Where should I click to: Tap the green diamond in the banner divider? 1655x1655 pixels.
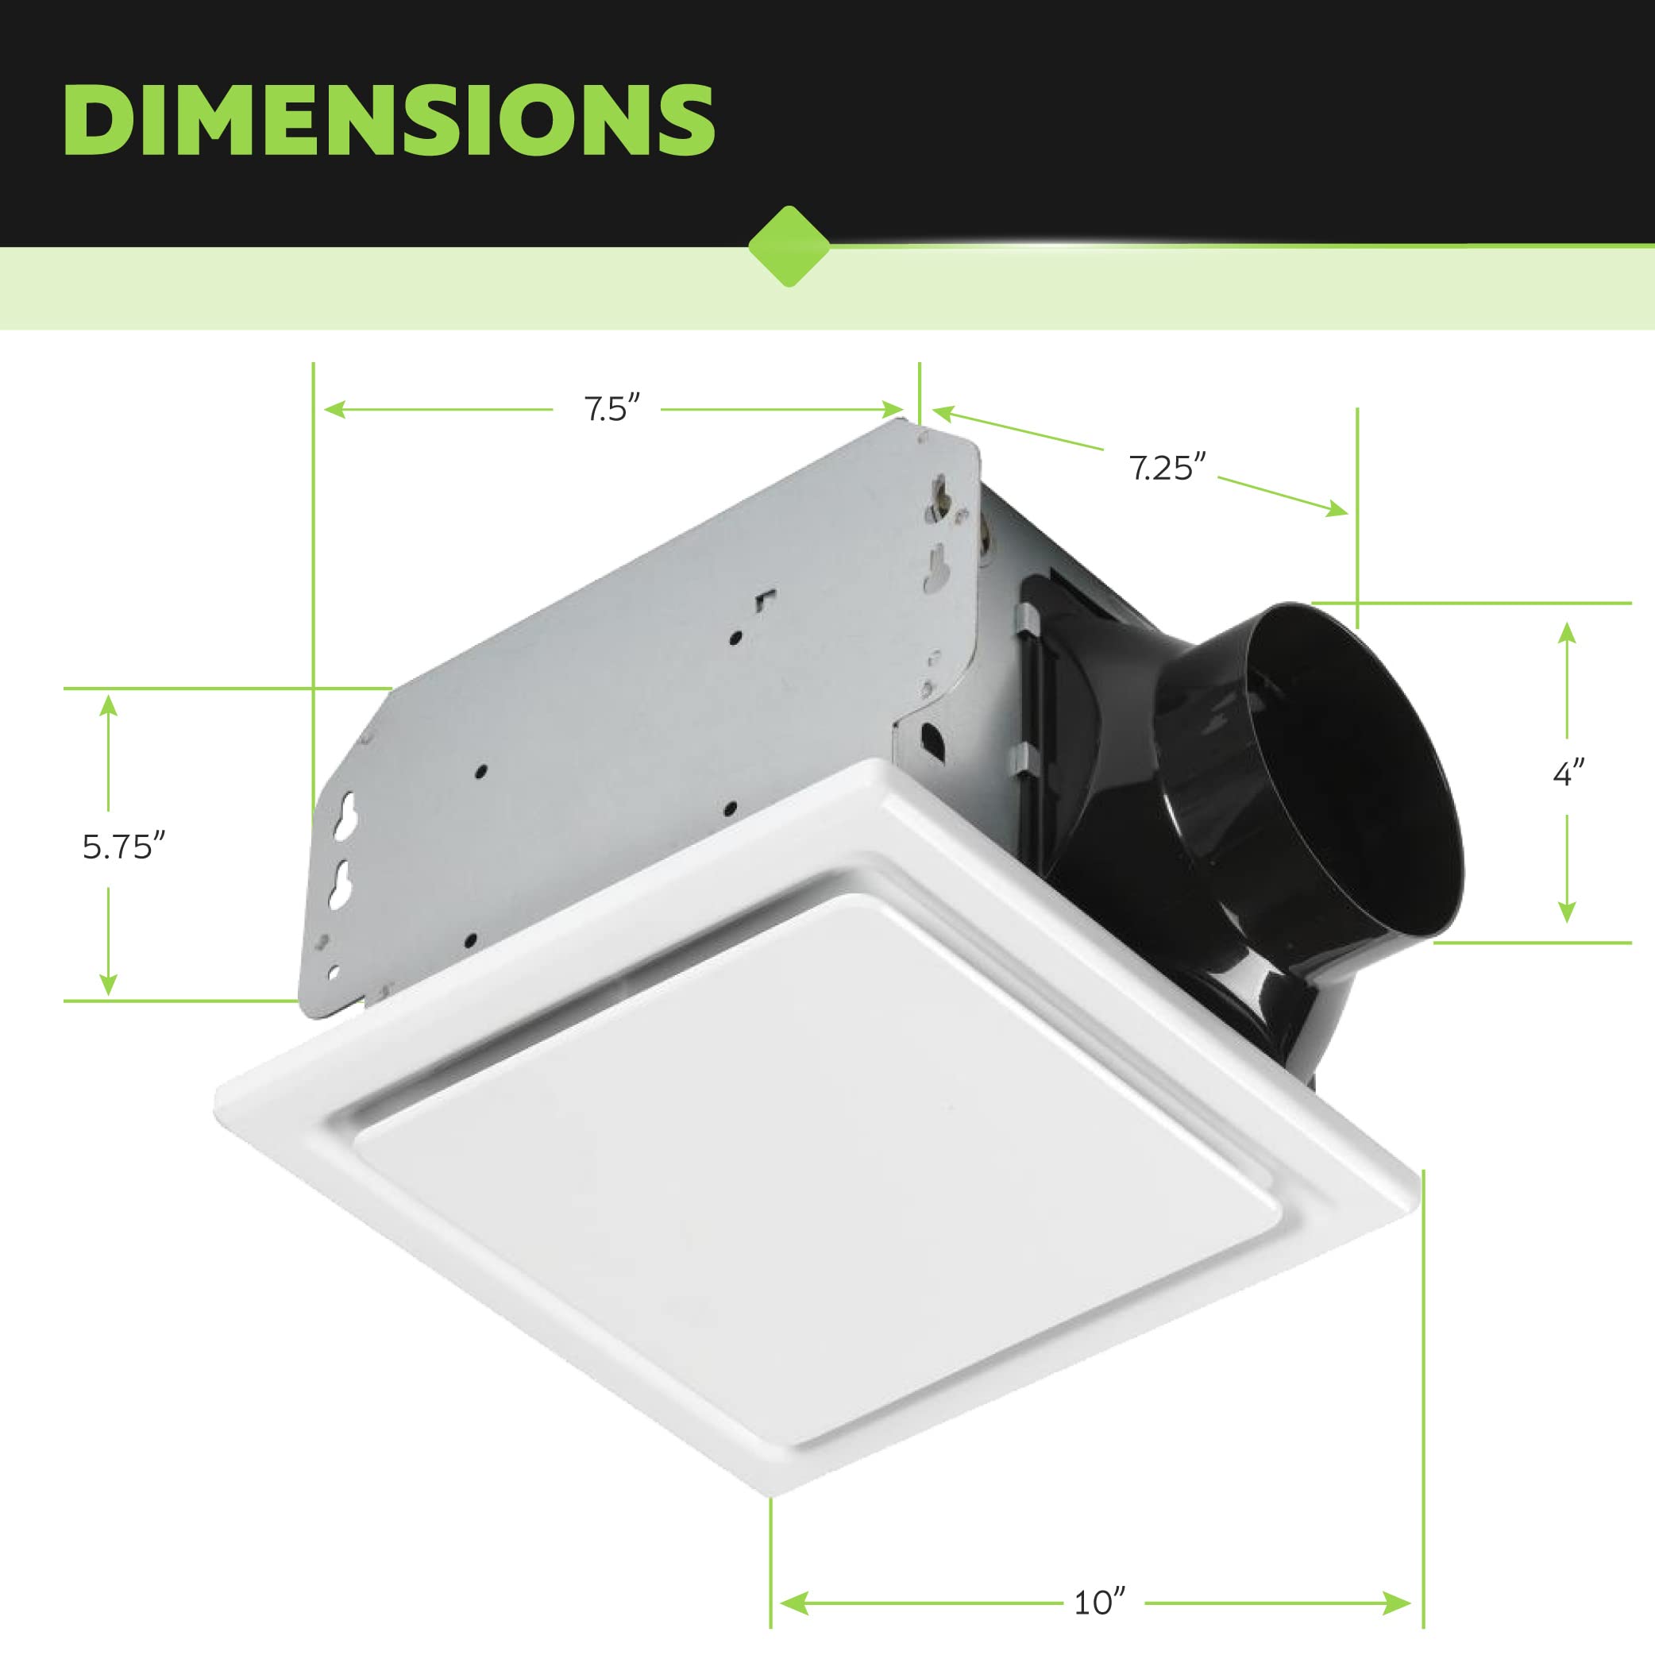[789, 247]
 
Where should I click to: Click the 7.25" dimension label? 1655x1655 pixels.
[1167, 469]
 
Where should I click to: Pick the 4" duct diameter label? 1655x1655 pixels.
[1569, 773]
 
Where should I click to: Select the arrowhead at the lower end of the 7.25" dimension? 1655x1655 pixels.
[1337, 511]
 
